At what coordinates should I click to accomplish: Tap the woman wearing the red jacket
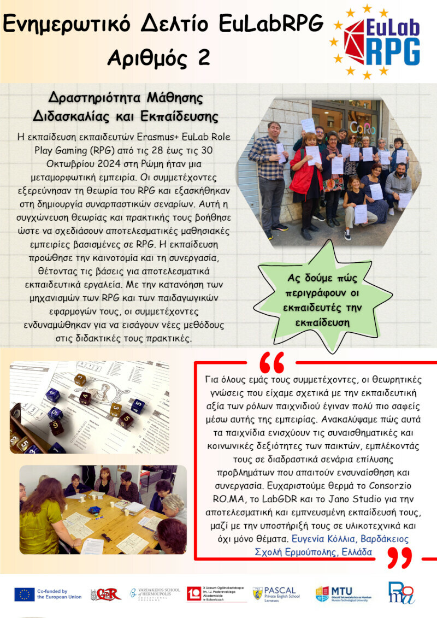coord(307,175)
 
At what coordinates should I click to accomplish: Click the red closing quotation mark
coord(398,557)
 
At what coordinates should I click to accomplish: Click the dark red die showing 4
coord(85,397)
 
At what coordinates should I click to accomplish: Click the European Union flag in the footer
coord(25,594)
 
